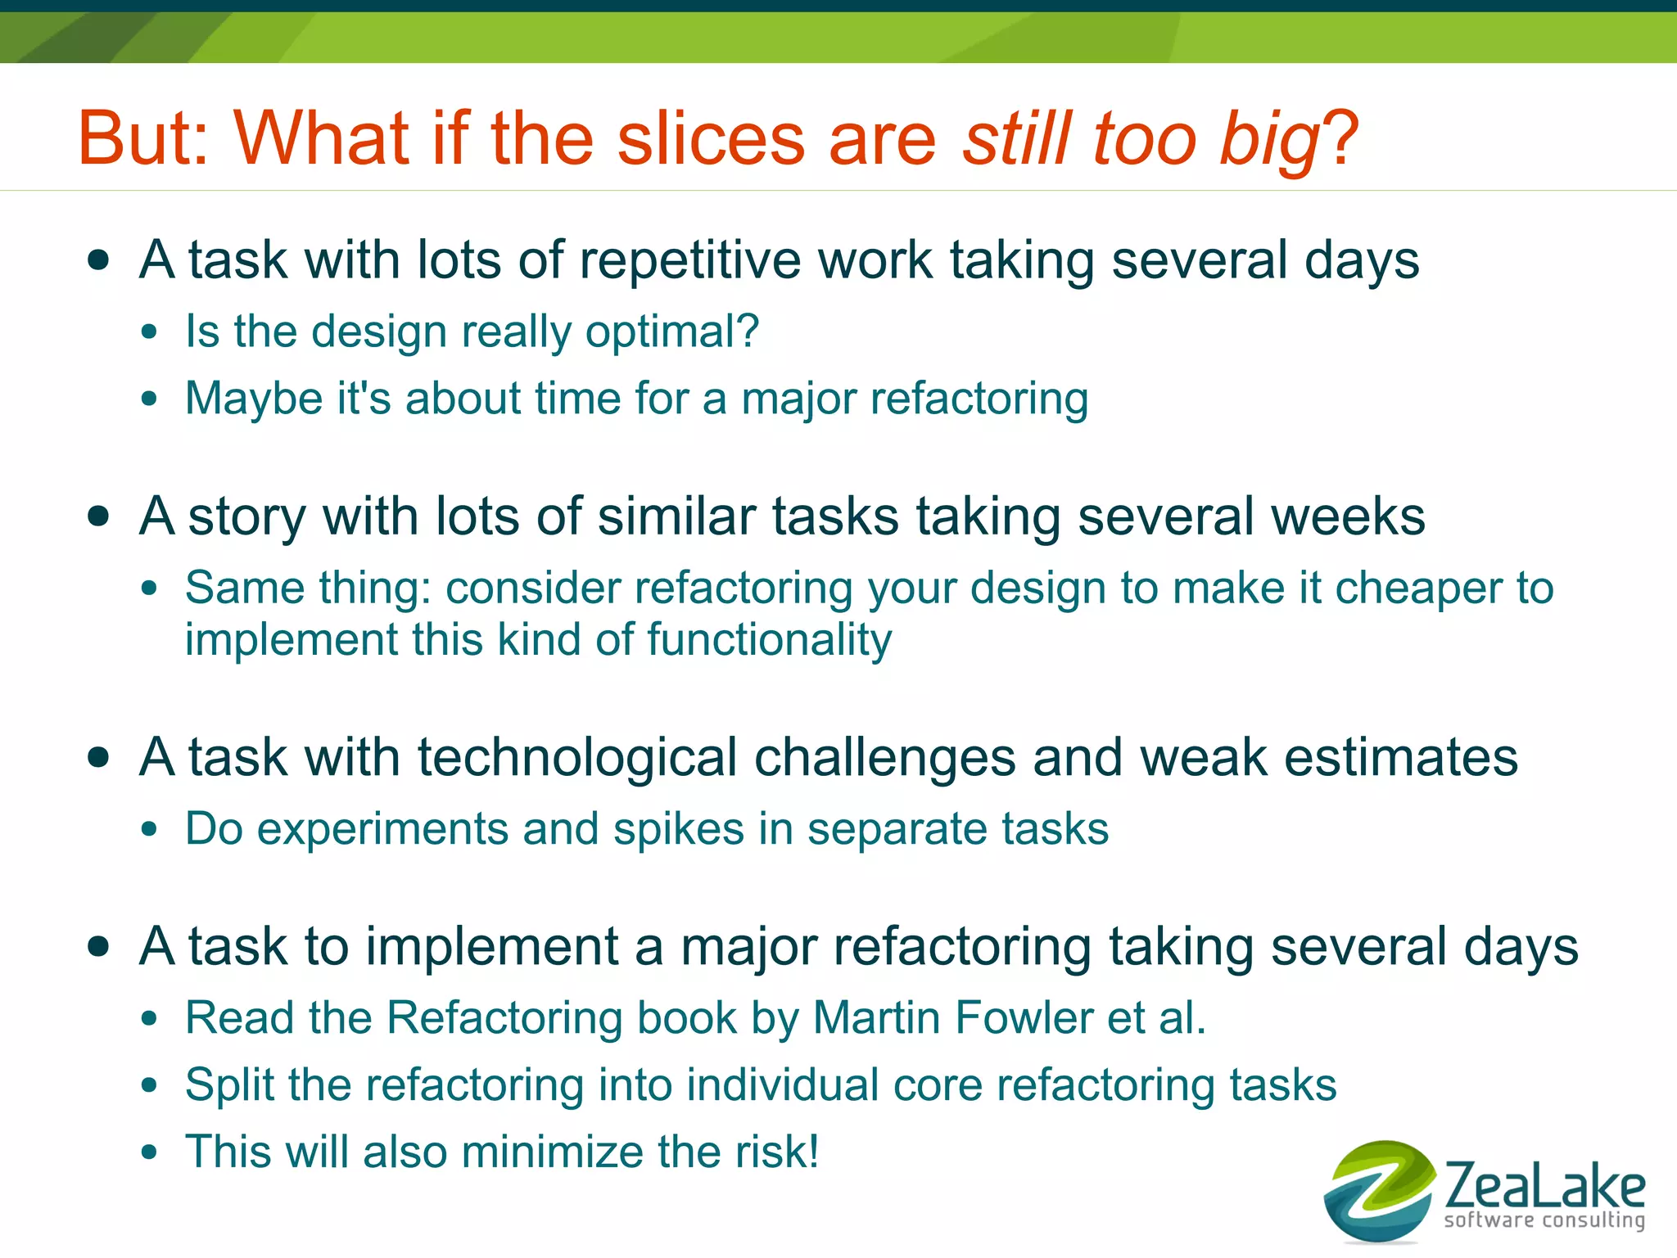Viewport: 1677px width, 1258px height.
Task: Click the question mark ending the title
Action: (1340, 138)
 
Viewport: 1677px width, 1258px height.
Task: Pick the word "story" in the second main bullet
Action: (247, 518)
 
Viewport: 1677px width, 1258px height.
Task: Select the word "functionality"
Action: (770, 639)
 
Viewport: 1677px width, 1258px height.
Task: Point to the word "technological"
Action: (578, 757)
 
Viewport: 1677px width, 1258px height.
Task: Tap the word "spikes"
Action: (679, 830)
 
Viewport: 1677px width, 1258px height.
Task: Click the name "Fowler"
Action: (1024, 1018)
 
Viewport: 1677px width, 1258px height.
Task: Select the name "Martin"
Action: (876, 1018)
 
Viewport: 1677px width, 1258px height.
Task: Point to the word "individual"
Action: (783, 1085)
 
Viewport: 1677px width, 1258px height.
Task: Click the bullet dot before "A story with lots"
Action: (98, 516)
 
